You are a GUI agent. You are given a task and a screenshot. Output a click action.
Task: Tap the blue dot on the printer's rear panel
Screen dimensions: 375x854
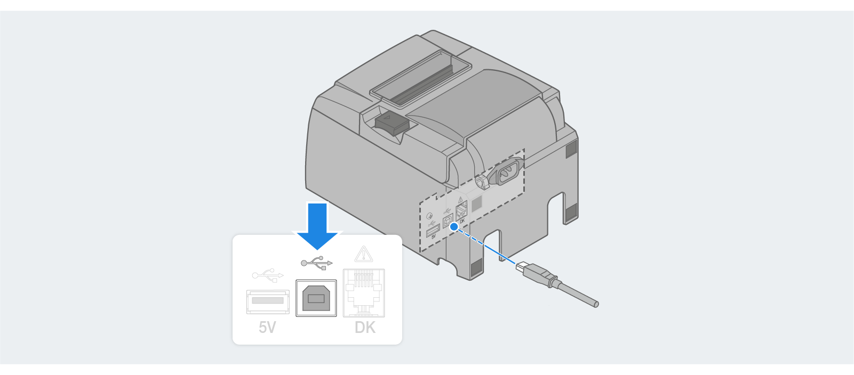(x=454, y=226)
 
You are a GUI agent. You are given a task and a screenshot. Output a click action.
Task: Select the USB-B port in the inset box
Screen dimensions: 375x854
(x=316, y=298)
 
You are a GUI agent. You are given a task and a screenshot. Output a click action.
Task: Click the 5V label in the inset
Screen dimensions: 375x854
(x=267, y=327)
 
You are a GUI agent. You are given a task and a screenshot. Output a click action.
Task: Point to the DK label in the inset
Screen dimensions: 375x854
(x=365, y=327)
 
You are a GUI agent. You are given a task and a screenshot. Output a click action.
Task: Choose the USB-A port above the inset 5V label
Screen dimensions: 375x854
(x=268, y=301)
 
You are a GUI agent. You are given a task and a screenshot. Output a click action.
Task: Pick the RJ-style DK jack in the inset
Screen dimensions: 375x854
(x=364, y=293)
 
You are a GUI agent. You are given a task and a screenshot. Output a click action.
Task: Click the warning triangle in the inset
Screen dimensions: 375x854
(x=364, y=254)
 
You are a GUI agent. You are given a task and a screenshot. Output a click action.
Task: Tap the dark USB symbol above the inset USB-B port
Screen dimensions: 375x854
(x=316, y=263)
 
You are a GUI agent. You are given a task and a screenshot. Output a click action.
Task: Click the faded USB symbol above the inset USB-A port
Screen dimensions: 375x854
(x=268, y=275)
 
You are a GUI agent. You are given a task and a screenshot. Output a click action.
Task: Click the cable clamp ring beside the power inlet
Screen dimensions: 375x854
(x=481, y=182)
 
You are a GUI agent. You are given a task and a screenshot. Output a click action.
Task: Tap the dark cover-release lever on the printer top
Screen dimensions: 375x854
(x=392, y=124)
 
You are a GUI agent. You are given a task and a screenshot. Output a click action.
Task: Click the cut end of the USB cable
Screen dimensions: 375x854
(x=596, y=304)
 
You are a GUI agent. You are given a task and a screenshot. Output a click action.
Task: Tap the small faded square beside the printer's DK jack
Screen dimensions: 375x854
(x=476, y=202)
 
